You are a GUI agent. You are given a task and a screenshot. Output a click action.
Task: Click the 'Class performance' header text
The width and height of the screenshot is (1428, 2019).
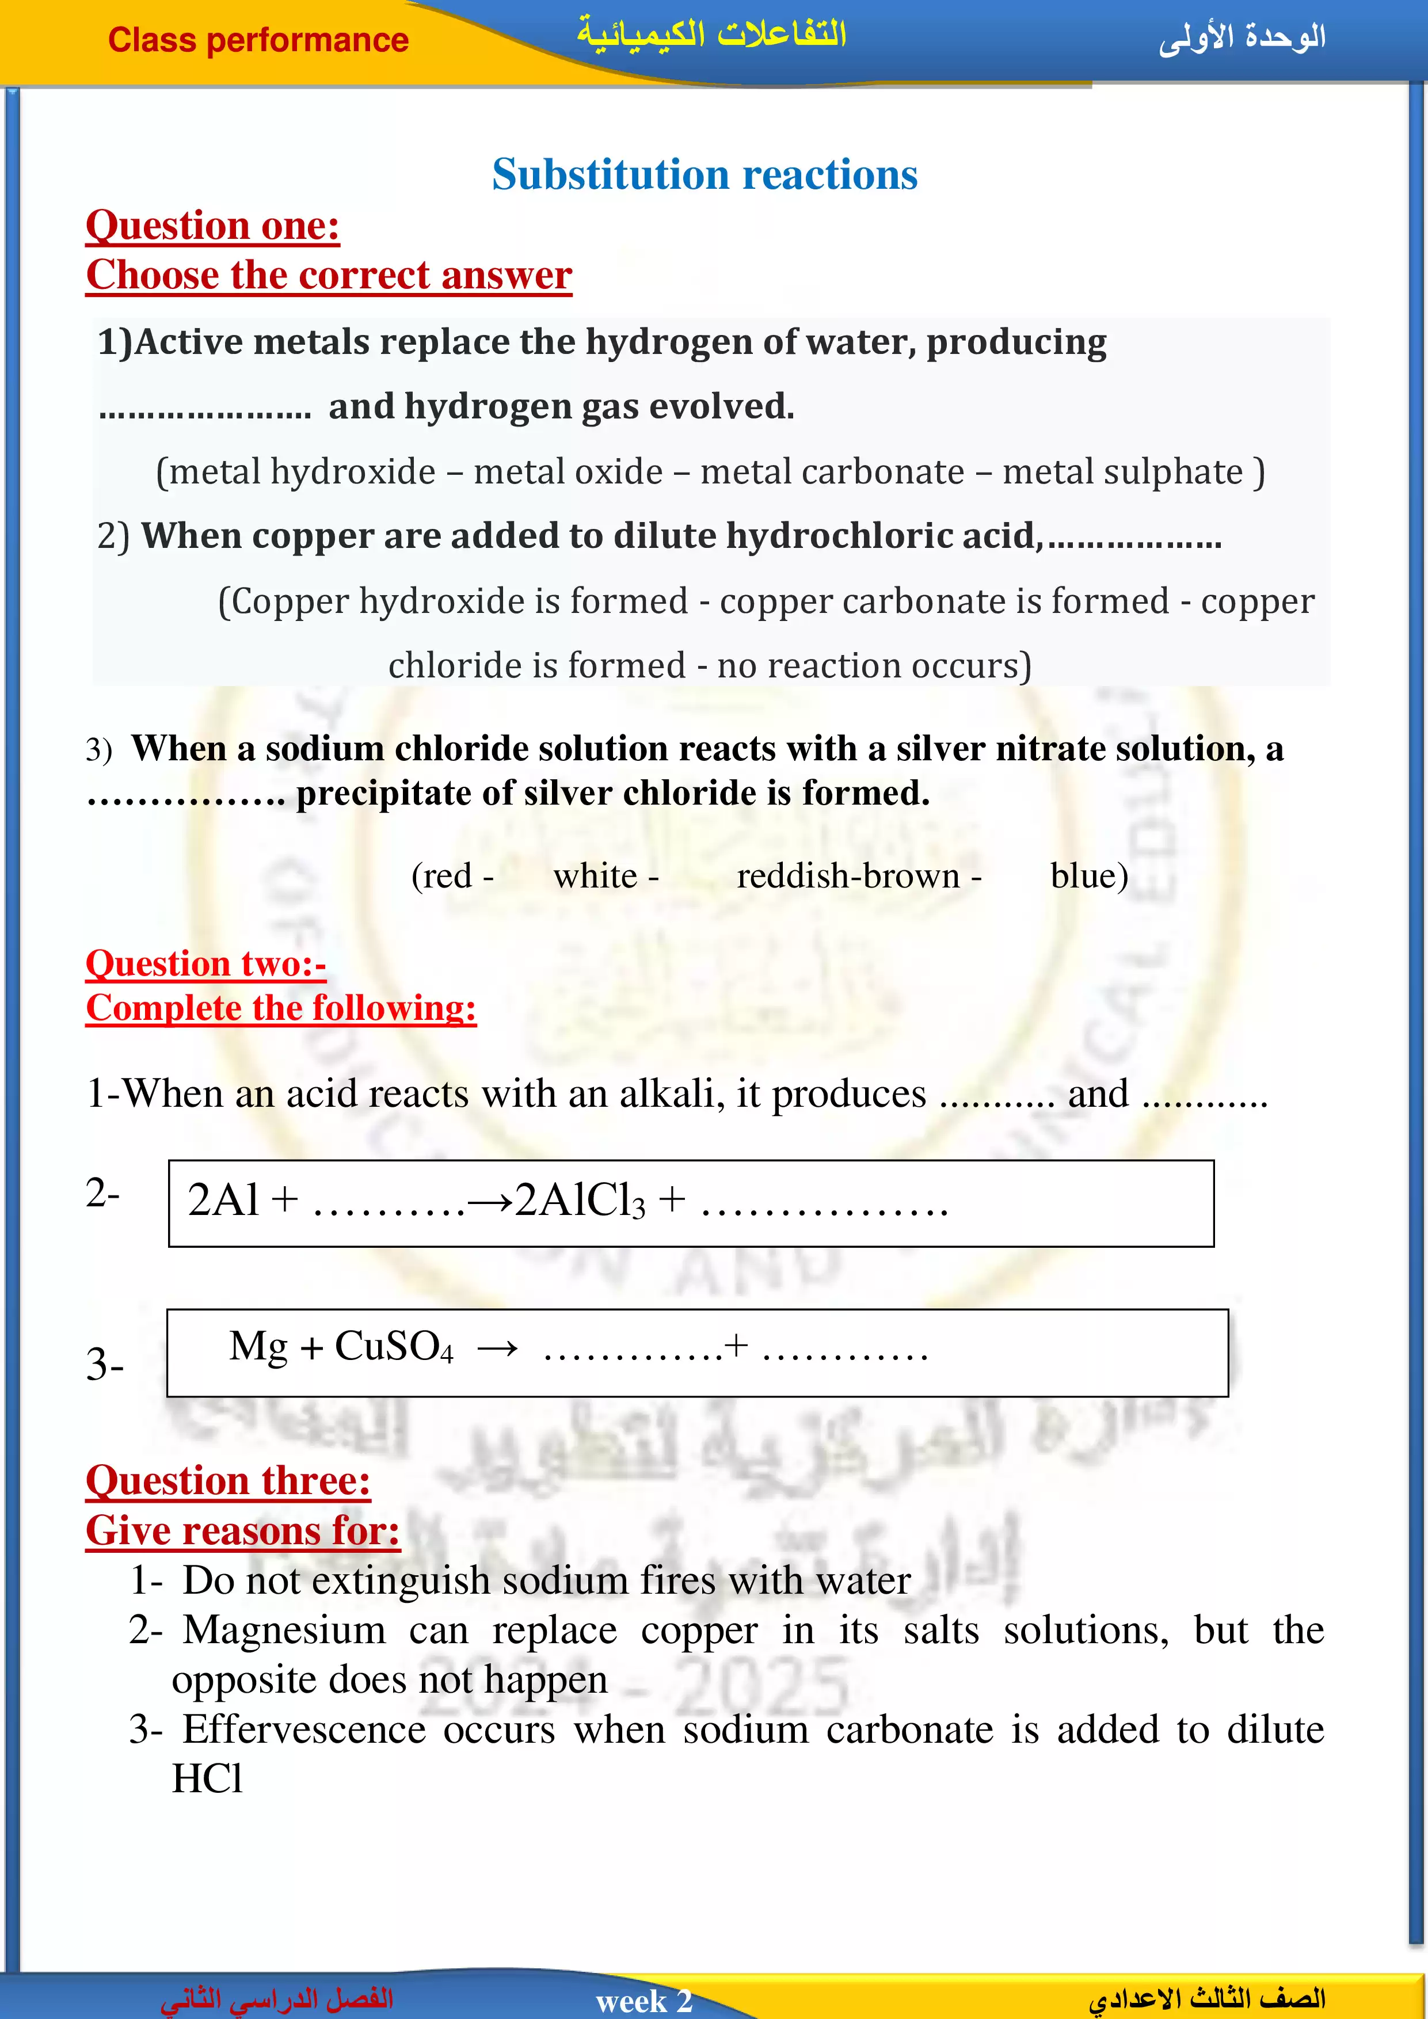pos(258,40)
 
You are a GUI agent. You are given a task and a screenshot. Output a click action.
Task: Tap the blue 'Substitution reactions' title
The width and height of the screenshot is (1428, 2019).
pos(705,174)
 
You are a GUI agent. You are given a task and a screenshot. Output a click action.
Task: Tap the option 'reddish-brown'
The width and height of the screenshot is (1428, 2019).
pos(848,876)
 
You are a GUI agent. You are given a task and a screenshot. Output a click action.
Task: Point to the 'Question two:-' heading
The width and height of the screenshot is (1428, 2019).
pos(205,964)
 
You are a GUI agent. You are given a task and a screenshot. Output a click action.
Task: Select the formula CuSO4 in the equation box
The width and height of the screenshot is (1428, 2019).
pos(393,1346)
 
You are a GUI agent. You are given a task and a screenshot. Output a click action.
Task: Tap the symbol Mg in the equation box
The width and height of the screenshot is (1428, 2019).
pos(258,1346)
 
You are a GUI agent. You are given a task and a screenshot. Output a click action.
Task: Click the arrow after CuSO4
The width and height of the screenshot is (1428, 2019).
pos(498,1348)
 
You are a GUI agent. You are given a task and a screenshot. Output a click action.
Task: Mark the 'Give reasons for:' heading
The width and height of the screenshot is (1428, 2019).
pos(243,1531)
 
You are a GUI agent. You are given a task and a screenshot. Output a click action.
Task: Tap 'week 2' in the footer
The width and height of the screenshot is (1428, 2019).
pos(643,2001)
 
